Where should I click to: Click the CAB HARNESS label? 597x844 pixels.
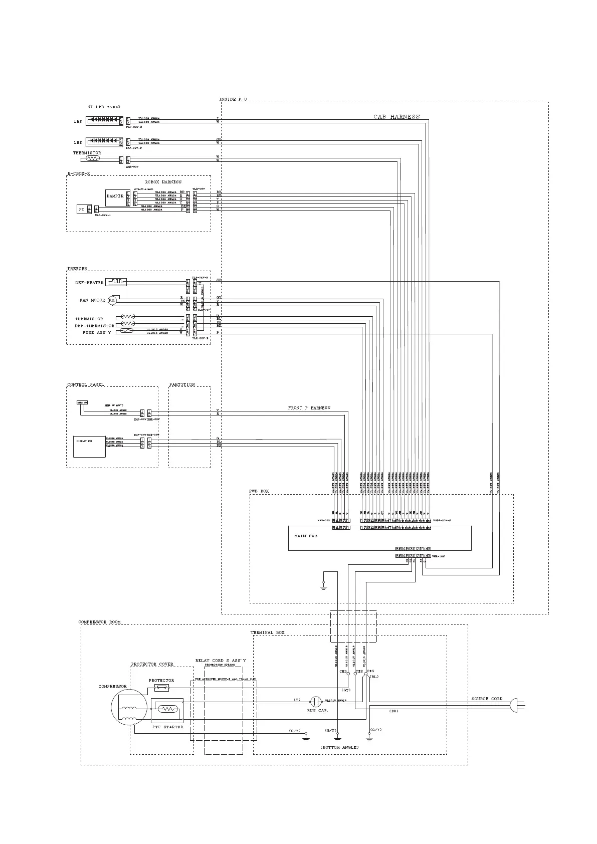[396, 117]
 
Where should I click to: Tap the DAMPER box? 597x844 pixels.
[115, 196]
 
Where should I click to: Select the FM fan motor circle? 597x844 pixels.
[112, 300]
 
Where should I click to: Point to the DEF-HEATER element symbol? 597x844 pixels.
[116, 282]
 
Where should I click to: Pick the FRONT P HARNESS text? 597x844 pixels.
[309, 408]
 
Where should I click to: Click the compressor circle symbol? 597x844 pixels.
[127, 707]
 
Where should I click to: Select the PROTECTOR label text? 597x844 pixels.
[161, 680]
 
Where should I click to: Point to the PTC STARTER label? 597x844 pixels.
[167, 727]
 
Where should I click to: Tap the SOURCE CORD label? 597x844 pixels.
[487, 699]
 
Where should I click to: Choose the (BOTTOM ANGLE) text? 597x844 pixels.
[340, 747]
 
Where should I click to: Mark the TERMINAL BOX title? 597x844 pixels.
[267, 632]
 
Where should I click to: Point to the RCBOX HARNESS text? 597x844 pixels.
[163, 182]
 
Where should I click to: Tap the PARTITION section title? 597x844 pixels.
[182, 385]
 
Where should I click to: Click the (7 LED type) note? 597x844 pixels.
[104, 107]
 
